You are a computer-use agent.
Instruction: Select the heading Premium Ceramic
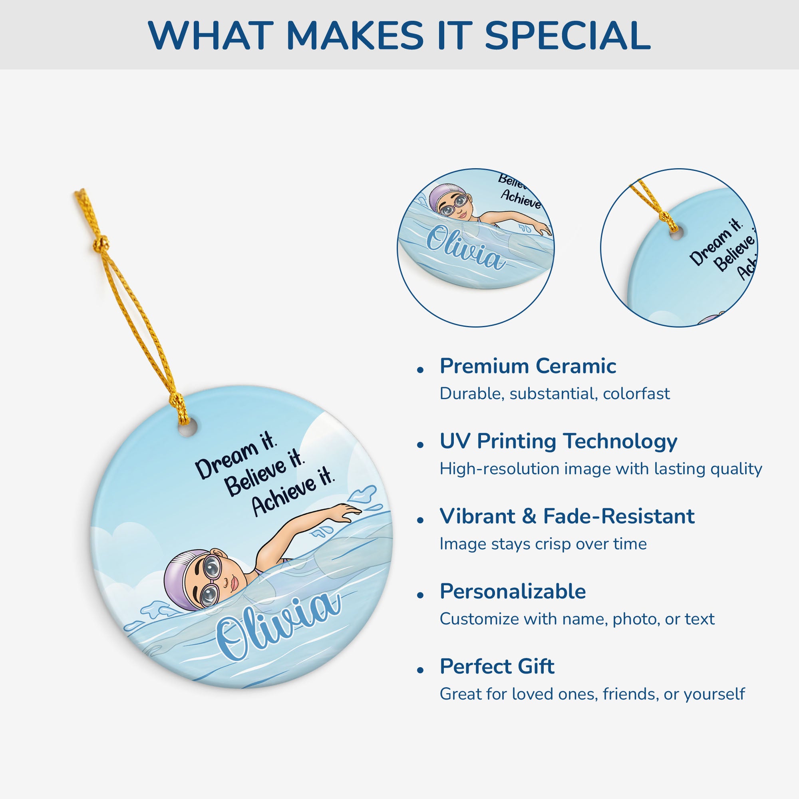pyautogui.click(x=528, y=366)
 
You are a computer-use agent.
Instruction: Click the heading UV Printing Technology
pyautogui.click(x=559, y=441)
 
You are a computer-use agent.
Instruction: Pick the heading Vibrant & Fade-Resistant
pyautogui.click(x=567, y=516)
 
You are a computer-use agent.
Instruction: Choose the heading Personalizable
pyautogui.click(x=513, y=591)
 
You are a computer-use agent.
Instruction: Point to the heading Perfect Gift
pyautogui.click(x=497, y=666)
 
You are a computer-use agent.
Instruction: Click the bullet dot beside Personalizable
pyautogui.click(x=421, y=595)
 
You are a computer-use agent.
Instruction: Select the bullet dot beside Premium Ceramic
pyautogui.click(x=421, y=370)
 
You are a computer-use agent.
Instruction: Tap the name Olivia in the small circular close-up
pyautogui.click(x=466, y=248)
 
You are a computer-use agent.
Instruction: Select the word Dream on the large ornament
pyautogui.click(x=227, y=461)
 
